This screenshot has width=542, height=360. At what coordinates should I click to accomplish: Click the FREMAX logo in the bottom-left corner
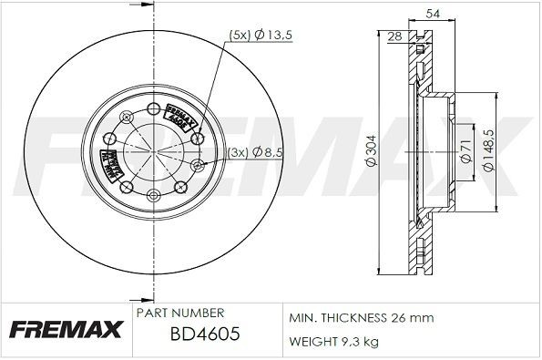point(66,330)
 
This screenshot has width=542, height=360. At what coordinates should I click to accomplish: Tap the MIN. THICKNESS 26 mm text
point(361,317)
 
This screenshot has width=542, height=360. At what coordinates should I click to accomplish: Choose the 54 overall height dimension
point(422,13)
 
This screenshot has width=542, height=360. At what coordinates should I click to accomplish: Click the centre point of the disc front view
point(148,151)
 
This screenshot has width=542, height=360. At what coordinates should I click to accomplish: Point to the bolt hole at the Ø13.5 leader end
point(199,138)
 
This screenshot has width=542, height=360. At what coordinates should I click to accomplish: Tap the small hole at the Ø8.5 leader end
point(197,165)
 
